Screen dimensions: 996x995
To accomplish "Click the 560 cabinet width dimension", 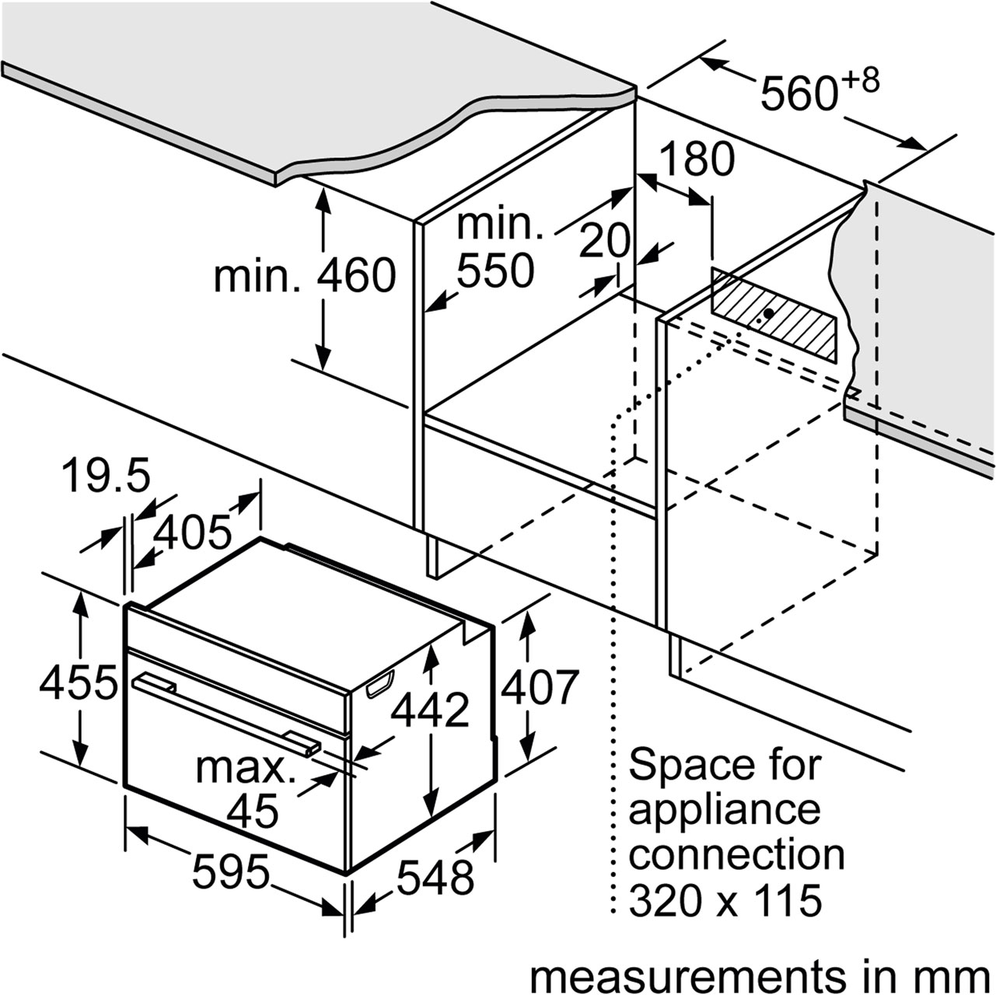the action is click(x=798, y=93).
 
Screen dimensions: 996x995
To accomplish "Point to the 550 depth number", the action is click(x=495, y=270).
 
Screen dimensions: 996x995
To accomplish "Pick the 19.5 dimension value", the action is click(x=106, y=476).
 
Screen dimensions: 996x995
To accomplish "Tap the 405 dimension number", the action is click(x=192, y=532).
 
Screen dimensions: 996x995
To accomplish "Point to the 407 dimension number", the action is click(x=540, y=686).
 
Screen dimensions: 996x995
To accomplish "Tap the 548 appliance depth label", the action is click(x=435, y=877).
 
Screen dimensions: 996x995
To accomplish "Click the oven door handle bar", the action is click(x=226, y=717).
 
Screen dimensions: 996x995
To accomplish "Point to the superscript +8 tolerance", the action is click(x=860, y=82).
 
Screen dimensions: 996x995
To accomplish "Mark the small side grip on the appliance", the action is click(x=380, y=684).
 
